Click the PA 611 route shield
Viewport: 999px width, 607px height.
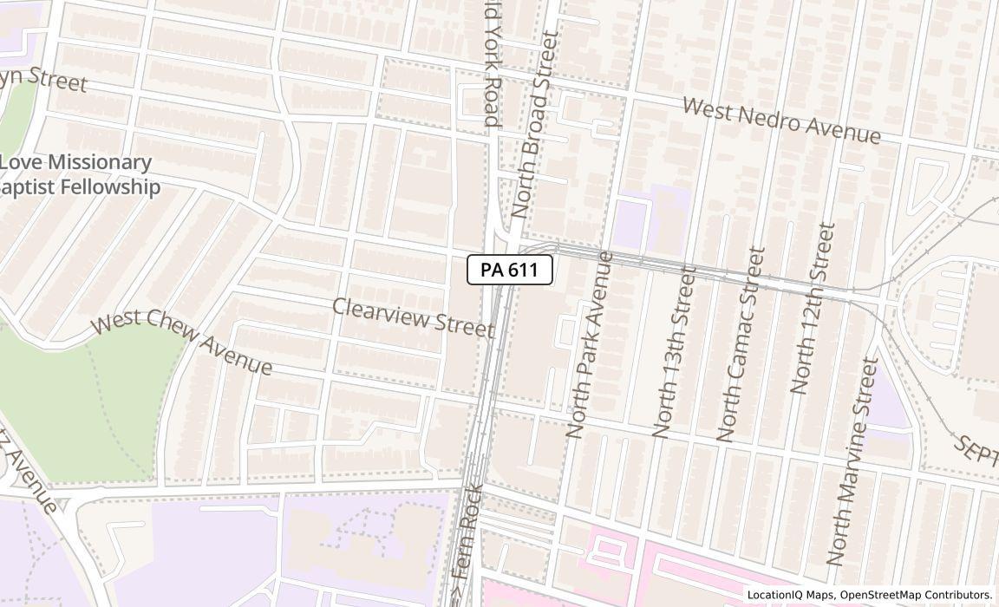(510, 270)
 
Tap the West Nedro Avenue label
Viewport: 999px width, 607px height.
(781, 121)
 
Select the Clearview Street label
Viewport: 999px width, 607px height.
(413, 317)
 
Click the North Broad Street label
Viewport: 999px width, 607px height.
(532, 124)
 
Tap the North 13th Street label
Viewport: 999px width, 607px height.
(675, 351)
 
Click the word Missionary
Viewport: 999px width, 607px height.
(101, 162)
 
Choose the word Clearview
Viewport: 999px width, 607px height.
(375, 311)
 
